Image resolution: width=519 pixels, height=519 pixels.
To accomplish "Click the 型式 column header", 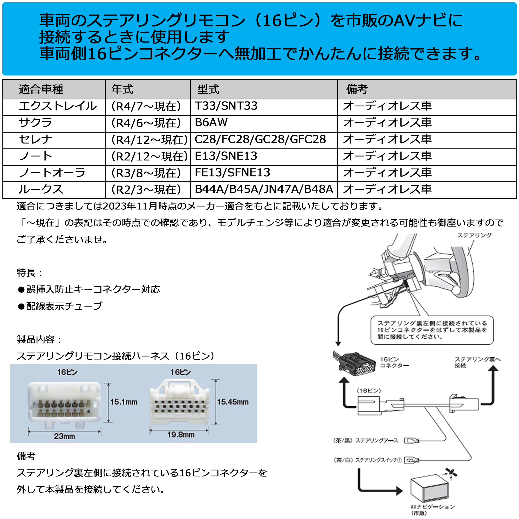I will click(x=208, y=89).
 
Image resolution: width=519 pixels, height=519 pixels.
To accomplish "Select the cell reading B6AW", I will click(x=211, y=122).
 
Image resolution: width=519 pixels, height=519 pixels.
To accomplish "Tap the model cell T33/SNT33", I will click(x=226, y=106).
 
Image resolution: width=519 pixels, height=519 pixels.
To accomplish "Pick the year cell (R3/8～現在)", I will click(x=146, y=173).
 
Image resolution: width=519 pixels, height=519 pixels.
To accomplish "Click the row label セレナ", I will click(x=35, y=139).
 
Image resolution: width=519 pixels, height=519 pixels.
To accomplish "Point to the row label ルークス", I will click(x=40, y=189).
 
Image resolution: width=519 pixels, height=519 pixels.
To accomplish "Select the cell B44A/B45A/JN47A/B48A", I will click(x=264, y=189).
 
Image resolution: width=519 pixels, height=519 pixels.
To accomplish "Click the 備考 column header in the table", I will click(x=357, y=89).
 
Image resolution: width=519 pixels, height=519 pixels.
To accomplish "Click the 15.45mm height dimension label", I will click(x=233, y=402).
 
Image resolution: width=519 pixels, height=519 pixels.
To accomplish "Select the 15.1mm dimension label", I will click(x=124, y=402).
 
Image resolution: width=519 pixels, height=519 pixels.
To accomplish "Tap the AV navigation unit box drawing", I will click(x=429, y=491).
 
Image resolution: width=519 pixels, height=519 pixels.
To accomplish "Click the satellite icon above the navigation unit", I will click(x=451, y=473).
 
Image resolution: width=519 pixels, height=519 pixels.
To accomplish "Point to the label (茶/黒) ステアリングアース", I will click(x=365, y=440).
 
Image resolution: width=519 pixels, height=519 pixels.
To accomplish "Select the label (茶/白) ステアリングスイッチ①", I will click(x=367, y=460).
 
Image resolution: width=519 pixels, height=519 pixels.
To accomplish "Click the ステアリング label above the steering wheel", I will click(x=474, y=235).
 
